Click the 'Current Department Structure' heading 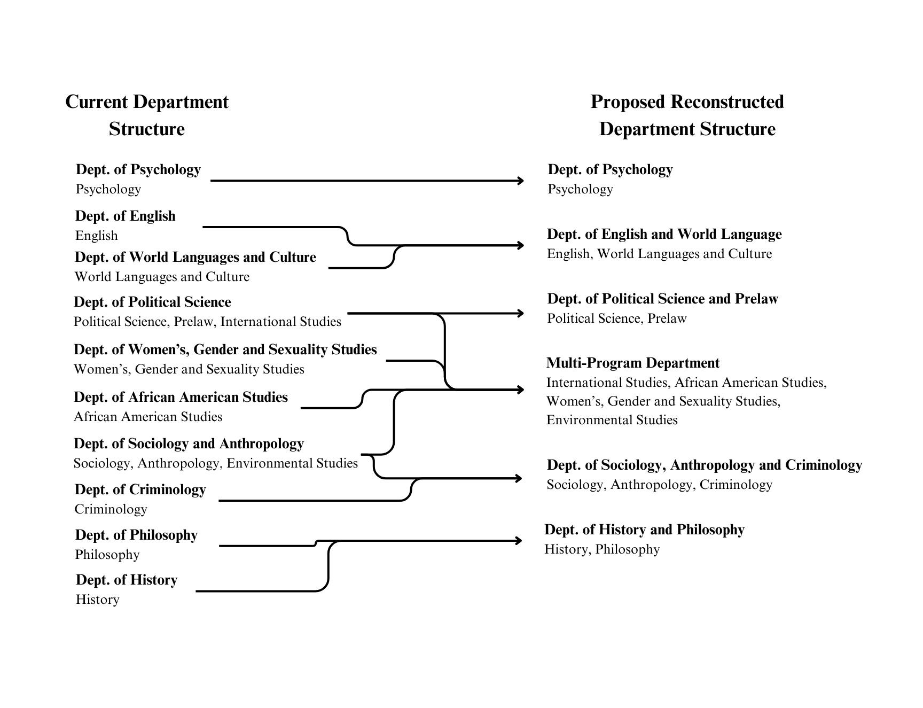click(x=147, y=115)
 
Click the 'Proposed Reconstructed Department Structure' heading click(x=687, y=115)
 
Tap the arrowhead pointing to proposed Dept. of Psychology click(x=520, y=181)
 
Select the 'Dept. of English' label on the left click(x=126, y=216)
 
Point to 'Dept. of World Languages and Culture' click(x=195, y=257)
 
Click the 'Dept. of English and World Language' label click(x=664, y=234)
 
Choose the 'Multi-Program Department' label click(x=633, y=363)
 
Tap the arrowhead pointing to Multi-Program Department click(x=520, y=390)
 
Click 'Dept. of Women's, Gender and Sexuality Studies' click(x=225, y=349)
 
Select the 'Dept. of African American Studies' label click(x=181, y=397)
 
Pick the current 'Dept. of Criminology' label click(x=140, y=489)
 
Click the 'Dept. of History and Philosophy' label click(x=644, y=530)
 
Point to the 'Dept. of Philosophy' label click(x=136, y=535)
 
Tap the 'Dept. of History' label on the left click(x=127, y=580)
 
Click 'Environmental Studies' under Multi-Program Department click(x=612, y=420)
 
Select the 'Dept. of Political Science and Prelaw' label click(x=662, y=299)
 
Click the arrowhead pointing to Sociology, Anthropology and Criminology click(x=519, y=478)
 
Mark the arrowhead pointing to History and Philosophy click(x=519, y=541)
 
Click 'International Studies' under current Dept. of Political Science click(x=280, y=322)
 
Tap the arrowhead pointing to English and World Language click(x=520, y=245)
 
